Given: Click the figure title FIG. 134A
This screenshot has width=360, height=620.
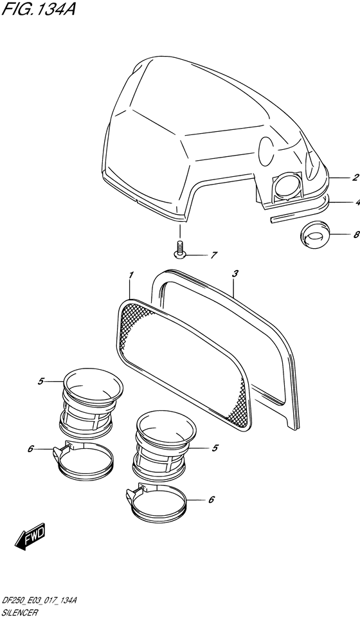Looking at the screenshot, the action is [38, 8].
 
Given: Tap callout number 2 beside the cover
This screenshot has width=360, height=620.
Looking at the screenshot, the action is [355, 177].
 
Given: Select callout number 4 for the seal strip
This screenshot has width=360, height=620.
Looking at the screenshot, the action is [357, 203].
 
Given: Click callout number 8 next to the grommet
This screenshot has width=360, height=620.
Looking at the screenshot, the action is [356, 235].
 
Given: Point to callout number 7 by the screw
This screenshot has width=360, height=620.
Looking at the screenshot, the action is [214, 255].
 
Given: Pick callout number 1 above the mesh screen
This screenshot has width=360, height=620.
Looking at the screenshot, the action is [131, 275].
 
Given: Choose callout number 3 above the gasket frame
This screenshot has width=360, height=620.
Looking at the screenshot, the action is [235, 273].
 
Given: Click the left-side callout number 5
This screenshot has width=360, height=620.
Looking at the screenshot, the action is [40, 381].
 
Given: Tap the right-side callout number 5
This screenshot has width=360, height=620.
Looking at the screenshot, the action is [215, 448].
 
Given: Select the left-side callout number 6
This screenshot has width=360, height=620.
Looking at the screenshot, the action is [30, 449].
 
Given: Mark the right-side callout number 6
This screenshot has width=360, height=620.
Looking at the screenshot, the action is [211, 500].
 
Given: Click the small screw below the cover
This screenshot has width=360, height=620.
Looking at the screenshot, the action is [179, 250].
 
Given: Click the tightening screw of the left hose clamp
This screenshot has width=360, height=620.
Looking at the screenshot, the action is [61, 451].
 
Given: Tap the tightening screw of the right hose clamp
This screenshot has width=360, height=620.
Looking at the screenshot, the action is [136, 493].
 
